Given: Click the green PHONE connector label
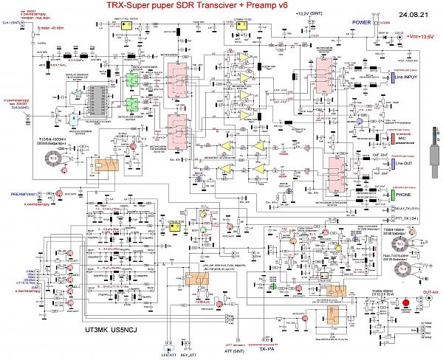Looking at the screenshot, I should click(403, 195).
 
